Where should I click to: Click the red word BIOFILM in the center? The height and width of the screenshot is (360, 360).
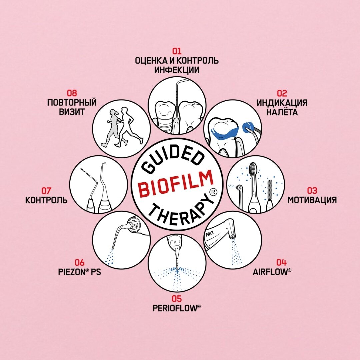tap(176, 183)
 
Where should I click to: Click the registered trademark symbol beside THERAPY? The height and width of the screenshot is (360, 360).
tap(214, 192)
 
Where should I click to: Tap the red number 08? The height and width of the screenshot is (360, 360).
tap(72, 93)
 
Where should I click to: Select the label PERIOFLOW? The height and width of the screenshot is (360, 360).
tap(176, 308)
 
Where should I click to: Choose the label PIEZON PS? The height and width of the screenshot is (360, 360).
tap(79, 272)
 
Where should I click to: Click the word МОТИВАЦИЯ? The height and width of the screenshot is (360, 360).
tap(312, 200)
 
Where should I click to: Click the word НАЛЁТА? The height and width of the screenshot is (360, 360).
tap(282, 112)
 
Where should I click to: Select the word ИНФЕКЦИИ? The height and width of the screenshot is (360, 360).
tap(176, 70)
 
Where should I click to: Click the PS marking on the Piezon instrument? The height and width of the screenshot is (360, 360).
tap(135, 226)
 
